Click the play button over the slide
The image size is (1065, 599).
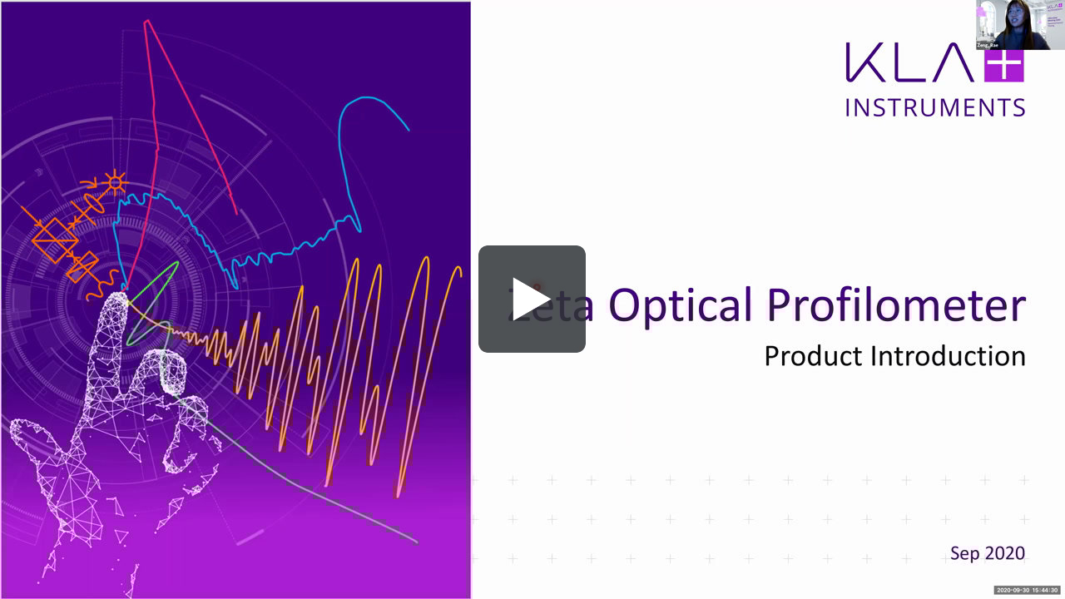click(532, 299)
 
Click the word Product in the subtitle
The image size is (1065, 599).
click(814, 356)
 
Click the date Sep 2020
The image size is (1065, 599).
click(988, 553)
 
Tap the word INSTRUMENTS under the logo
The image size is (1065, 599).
click(935, 107)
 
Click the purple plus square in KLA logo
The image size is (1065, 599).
click(1003, 62)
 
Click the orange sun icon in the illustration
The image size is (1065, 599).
click(113, 180)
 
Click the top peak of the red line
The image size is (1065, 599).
click(147, 22)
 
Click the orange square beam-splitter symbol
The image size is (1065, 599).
click(55, 240)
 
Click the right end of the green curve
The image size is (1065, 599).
click(415, 541)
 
